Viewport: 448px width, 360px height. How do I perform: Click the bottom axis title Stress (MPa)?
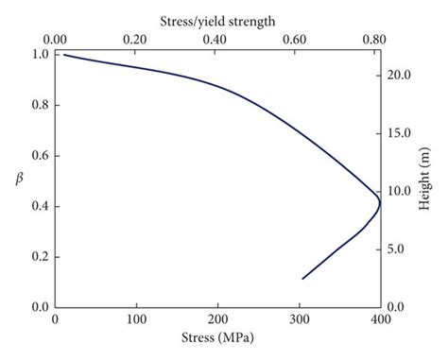[217, 337]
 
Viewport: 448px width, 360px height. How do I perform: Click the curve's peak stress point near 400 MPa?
[379, 201]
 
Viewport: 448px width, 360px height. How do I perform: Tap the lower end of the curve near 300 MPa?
[302, 278]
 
